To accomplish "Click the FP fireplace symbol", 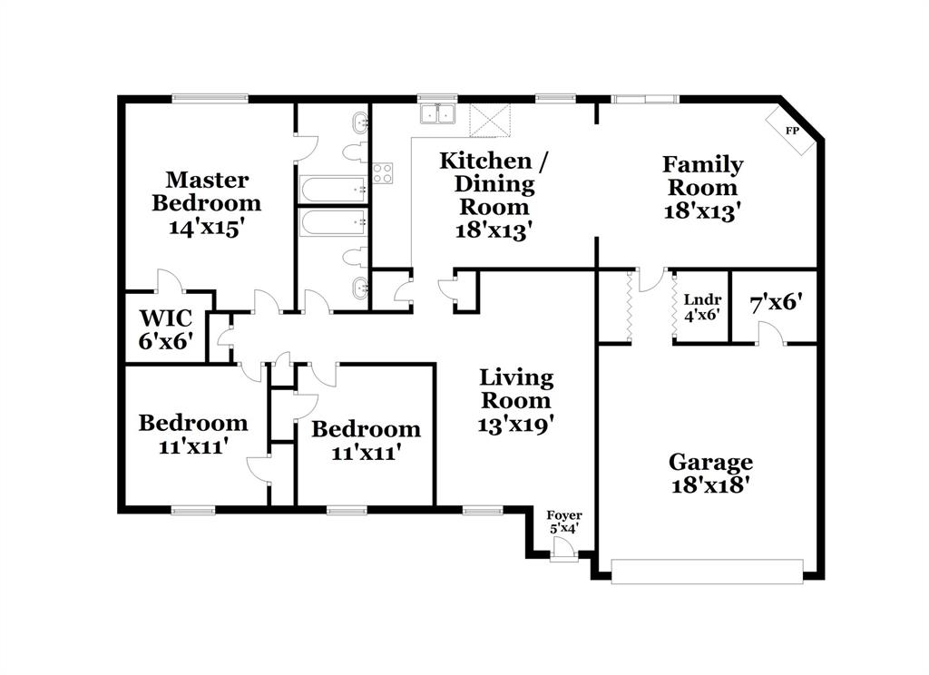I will tap(791, 131).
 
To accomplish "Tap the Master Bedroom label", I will tap(207, 203).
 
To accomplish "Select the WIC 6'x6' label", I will tap(166, 328).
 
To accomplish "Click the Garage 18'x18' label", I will tap(710, 473).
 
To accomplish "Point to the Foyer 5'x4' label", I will tap(564, 522).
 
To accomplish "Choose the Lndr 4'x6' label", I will tap(701, 307).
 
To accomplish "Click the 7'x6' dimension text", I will tap(775, 301).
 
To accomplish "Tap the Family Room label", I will tap(702, 188).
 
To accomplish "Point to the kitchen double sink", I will tap(437, 115).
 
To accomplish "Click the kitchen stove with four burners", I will tap(382, 172).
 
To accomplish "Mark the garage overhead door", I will tap(707, 572).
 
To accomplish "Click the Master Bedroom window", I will tap(210, 98).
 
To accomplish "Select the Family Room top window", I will tap(645, 98).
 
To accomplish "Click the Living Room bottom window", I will tap(482, 511).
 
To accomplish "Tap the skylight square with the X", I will tap(490, 119).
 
